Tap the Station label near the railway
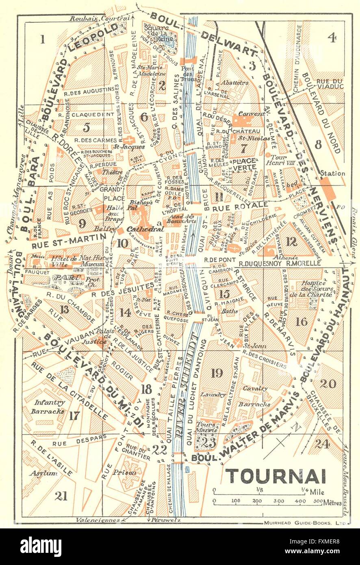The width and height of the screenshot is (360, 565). click(332, 174)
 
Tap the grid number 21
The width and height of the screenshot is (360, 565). click(62, 495)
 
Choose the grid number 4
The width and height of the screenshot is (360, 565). click(332, 38)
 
